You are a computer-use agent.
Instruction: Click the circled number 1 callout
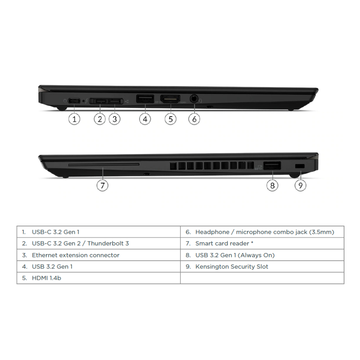tap(74, 119)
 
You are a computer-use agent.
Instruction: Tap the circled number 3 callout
tap(115, 119)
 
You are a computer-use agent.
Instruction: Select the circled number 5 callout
tap(171, 119)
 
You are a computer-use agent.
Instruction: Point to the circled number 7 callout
tap(102, 185)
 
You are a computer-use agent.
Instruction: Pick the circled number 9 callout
tap(300, 185)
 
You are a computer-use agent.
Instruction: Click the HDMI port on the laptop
tap(170, 99)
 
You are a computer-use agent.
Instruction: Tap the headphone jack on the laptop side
tap(194, 99)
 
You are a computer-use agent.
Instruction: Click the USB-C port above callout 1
tap(74, 101)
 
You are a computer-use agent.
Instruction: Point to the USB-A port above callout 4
tap(145, 99)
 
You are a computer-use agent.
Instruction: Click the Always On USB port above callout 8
tap(272, 166)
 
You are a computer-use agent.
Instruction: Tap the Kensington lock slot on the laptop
tap(300, 166)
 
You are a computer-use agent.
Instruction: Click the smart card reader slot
tap(104, 165)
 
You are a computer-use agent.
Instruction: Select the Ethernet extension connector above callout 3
tap(115, 101)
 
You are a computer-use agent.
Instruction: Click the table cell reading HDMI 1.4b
tap(99, 278)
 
